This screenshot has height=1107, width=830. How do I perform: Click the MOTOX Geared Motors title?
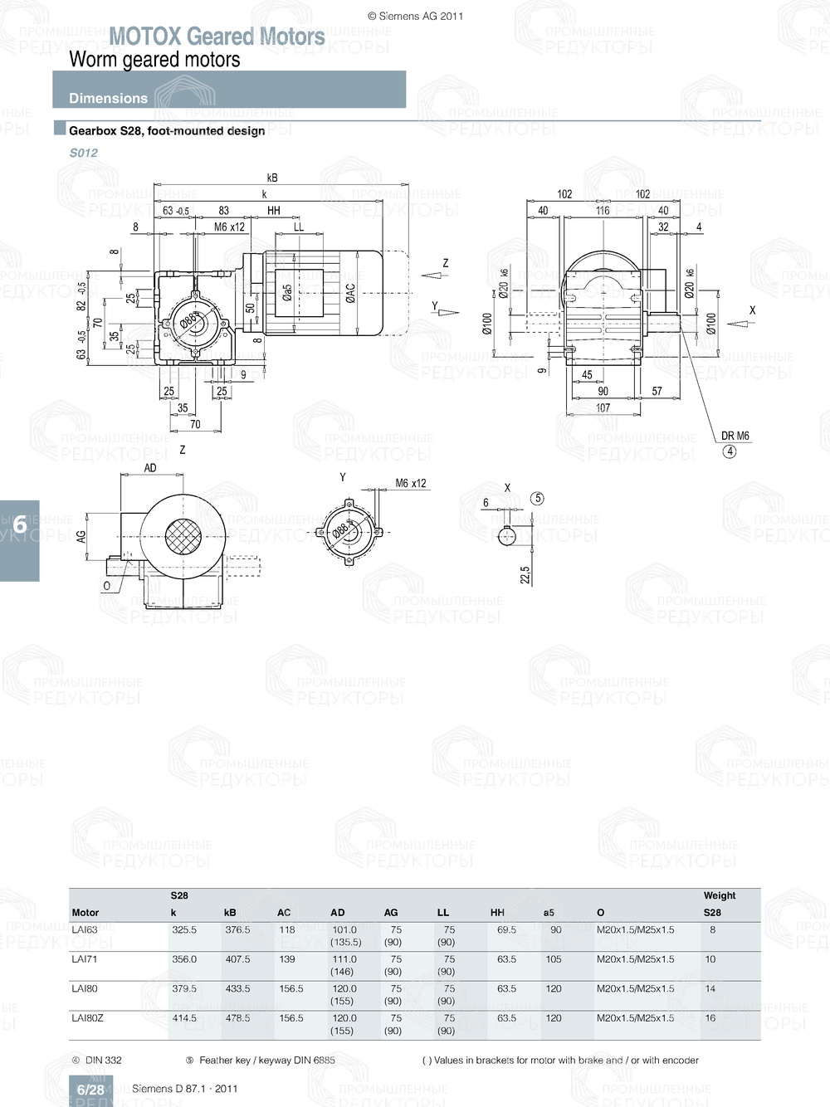click(217, 37)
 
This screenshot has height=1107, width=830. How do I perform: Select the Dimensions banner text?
click(108, 98)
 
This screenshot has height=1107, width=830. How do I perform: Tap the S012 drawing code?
click(83, 153)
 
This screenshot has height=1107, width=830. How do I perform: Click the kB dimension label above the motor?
click(272, 178)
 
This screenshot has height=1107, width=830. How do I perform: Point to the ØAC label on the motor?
click(350, 292)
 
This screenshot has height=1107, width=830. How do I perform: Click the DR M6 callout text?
click(735, 436)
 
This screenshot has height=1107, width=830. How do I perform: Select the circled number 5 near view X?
click(537, 499)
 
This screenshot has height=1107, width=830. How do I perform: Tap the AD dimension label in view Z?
click(150, 468)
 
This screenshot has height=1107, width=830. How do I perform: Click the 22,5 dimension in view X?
click(525, 575)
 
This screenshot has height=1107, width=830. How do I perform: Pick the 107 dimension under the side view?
click(603, 407)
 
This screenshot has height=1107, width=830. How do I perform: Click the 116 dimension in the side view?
click(603, 211)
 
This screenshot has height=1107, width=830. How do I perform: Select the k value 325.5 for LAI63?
click(184, 930)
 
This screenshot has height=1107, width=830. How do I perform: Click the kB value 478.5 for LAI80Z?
click(237, 1018)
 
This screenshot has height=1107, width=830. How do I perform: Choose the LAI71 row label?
click(85, 959)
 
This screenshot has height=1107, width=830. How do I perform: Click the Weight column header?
click(719, 895)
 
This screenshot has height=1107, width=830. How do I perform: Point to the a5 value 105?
click(553, 959)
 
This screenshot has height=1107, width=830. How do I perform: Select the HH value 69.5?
click(506, 930)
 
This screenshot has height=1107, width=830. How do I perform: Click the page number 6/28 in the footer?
click(90, 1090)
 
